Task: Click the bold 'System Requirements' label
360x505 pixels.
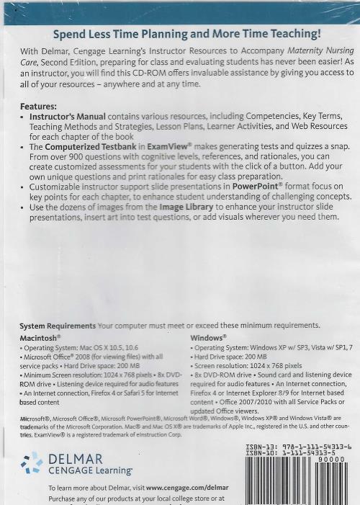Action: click(x=57, y=325)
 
